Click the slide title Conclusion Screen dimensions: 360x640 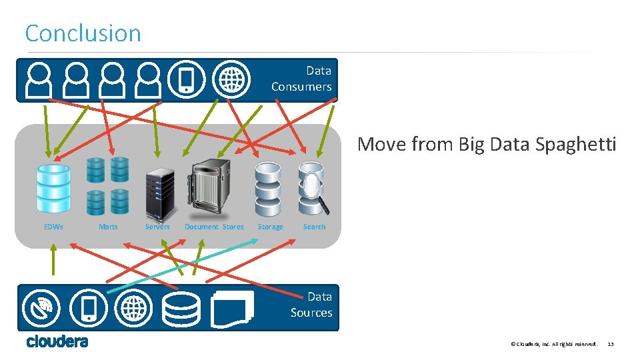point(83,33)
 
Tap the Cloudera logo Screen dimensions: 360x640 point(57,342)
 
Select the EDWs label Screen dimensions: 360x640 point(53,227)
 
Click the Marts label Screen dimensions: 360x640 point(108,227)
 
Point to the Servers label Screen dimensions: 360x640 point(158,227)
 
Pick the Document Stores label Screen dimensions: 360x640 point(214,227)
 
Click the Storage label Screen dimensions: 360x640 point(270,227)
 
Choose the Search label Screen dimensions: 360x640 point(314,227)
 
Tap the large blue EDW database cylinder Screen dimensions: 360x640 point(53,189)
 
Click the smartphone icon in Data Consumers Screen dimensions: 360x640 point(186,79)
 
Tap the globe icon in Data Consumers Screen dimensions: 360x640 point(231,79)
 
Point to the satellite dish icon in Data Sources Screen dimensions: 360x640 point(41,308)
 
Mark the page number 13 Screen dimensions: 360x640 point(611,344)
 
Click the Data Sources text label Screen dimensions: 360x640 point(312,305)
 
